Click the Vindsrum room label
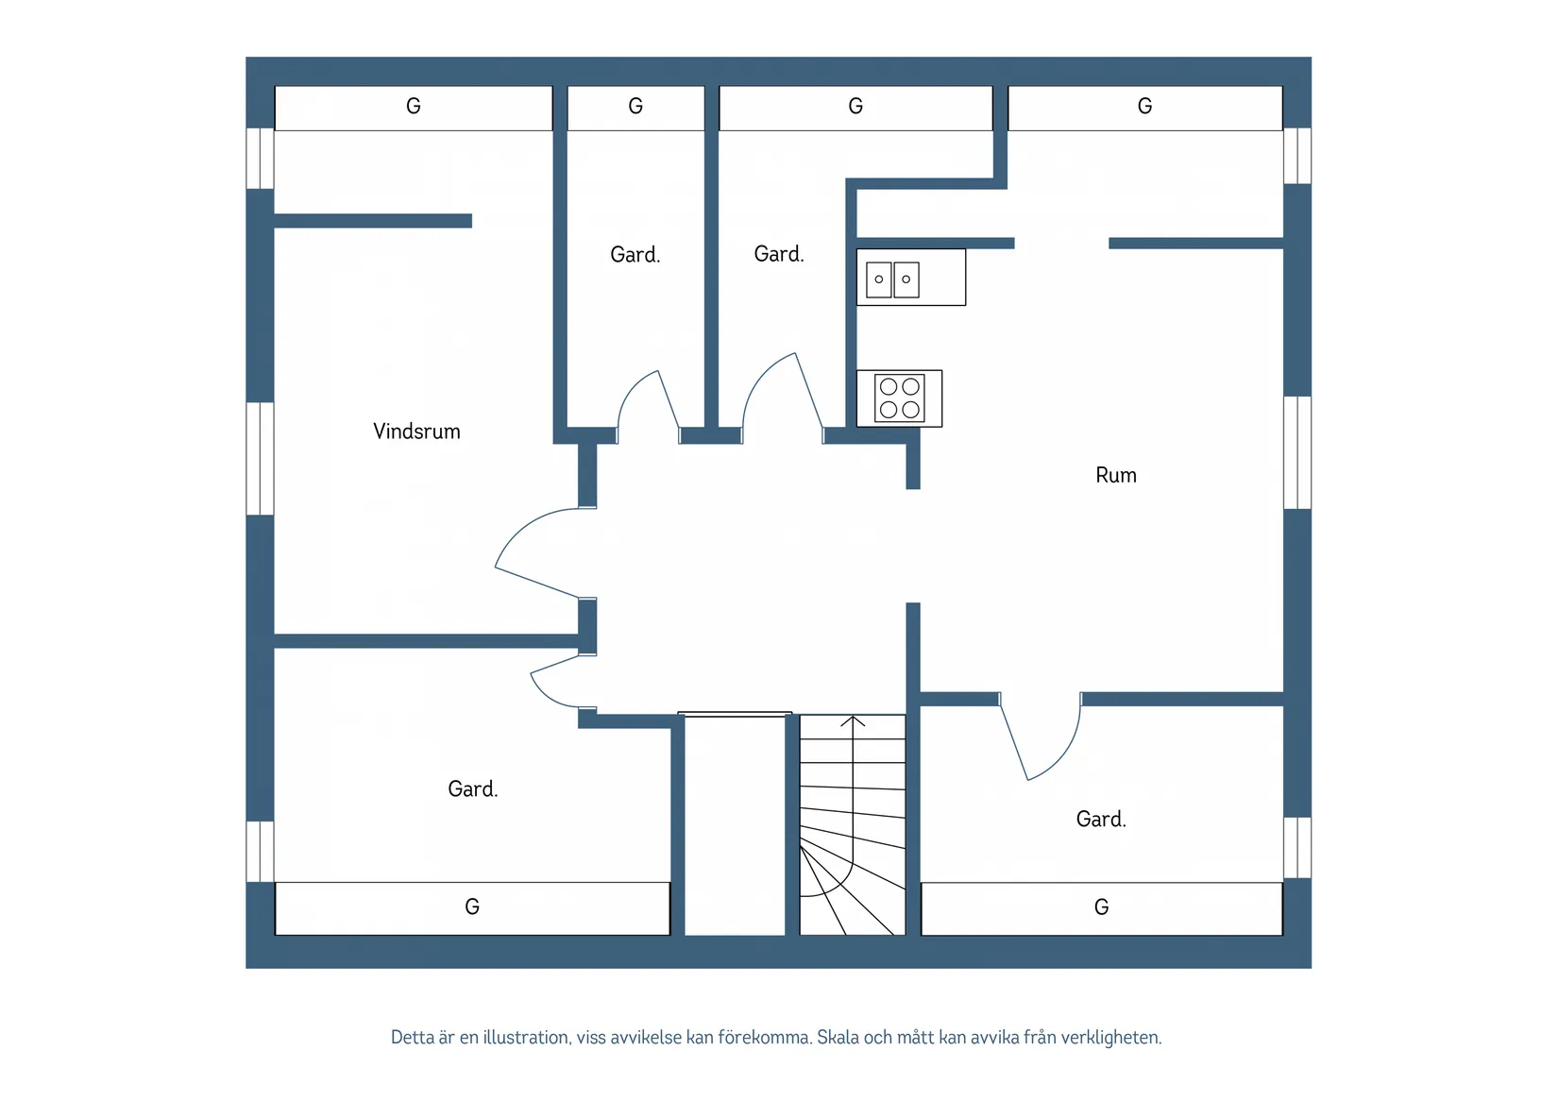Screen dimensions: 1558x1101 pyautogui.click(x=416, y=432)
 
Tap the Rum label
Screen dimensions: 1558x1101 pyautogui.click(x=1116, y=475)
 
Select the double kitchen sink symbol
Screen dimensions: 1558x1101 pyautogui.click(x=892, y=279)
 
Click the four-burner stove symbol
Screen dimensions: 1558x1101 pyautogui.click(x=899, y=398)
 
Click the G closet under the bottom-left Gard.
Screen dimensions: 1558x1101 pyautogui.click(x=472, y=908)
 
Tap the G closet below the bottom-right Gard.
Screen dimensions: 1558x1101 pyautogui.click(x=1102, y=908)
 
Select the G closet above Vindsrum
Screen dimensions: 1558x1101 pyautogui.click(x=414, y=108)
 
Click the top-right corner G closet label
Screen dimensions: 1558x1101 pyautogui.click(x=1144, y=106)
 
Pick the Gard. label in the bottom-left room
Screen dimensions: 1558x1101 pyautogui.click(x=473, y=788)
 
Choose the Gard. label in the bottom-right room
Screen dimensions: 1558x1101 pyautogui.click(x=1101, y=819)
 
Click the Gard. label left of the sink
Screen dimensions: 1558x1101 pyautogui.click(x=779, y=254)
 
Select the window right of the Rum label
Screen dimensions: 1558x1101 pyautogui.click(x=1297, y=453)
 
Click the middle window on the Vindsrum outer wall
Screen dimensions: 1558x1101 pyautogui.click(x=260, y=458)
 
